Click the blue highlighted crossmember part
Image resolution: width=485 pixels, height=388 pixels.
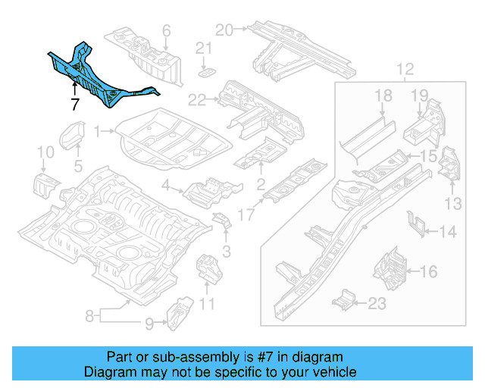coord(99,79)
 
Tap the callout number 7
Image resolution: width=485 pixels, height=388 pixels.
coord(75,105)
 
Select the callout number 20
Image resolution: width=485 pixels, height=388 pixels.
coord(223,30)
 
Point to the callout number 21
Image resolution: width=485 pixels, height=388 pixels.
coord(202,49)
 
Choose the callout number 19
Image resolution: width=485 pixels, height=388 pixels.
coord(420,95)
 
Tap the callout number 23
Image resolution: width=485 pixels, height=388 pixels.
coord(376,304)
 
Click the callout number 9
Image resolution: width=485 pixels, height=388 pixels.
coord(149,324)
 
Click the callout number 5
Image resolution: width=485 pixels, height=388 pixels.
coord(77,166)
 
